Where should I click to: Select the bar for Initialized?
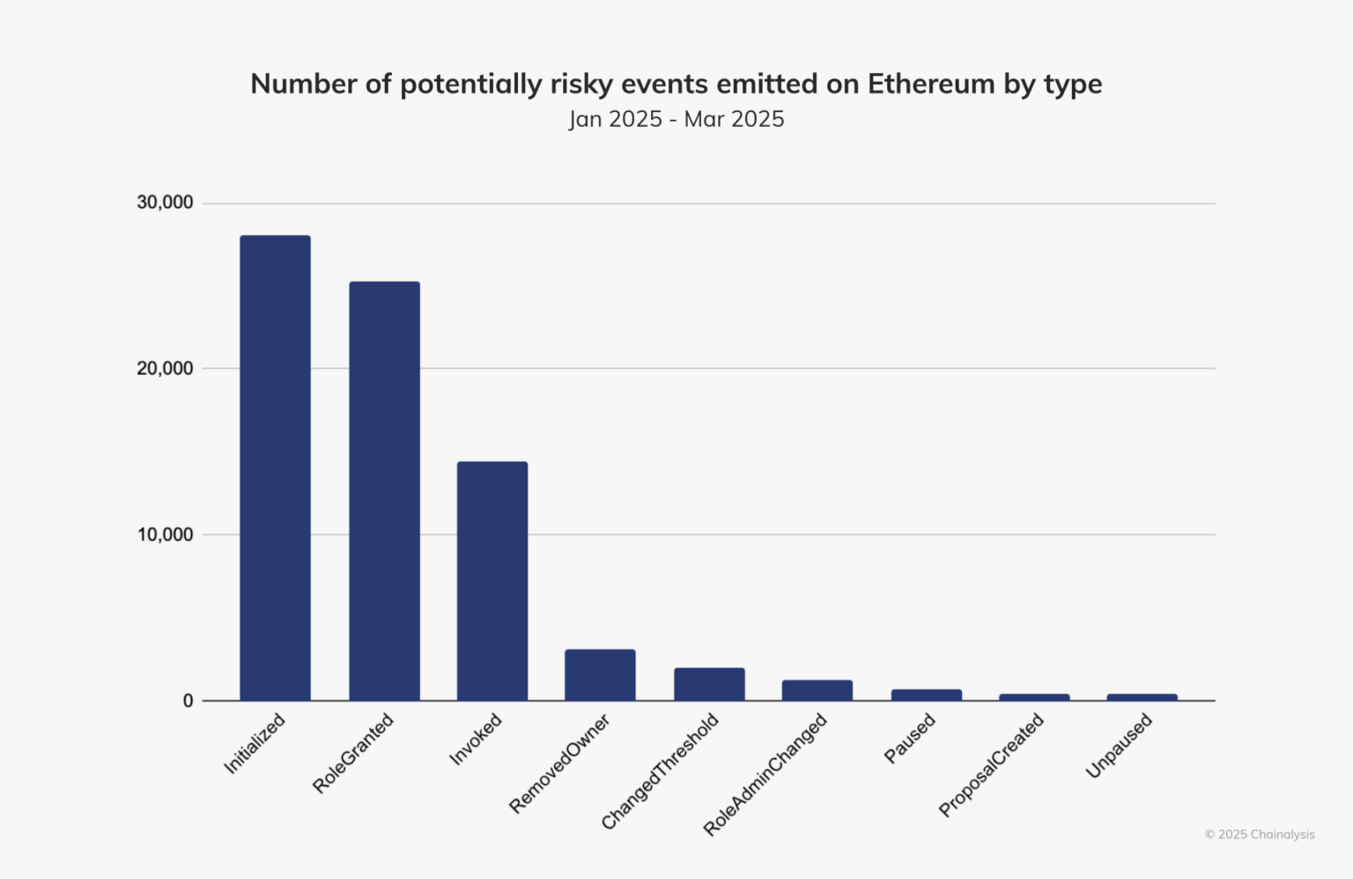[x=275, y=468]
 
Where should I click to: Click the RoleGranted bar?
[x=384, y=491]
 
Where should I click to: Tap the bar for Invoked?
[x=492, y=580]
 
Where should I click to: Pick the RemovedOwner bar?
[x=600, y=675]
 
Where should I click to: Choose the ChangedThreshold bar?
[x=709, y=684]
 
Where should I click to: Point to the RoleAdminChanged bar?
[x=817, y=691]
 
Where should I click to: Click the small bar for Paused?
[x=926, y=695]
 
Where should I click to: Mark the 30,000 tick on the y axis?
[x=165, y=203]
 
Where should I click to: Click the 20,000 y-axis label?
[x=165, y=368]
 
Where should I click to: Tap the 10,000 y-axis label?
[x=165, y=535]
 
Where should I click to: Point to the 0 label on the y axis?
[x=188, y=701]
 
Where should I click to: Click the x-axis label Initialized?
[x=255, y=744]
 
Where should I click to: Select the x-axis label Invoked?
[x=476, y=740]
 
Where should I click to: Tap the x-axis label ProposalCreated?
[x=991, y=765]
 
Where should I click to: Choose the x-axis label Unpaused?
[x=1119, y=746]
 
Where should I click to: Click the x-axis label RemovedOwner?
[x=559, y=764]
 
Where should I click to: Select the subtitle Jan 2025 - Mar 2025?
[x=676, y=119]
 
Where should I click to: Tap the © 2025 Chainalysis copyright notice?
[x=1260, y=834]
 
